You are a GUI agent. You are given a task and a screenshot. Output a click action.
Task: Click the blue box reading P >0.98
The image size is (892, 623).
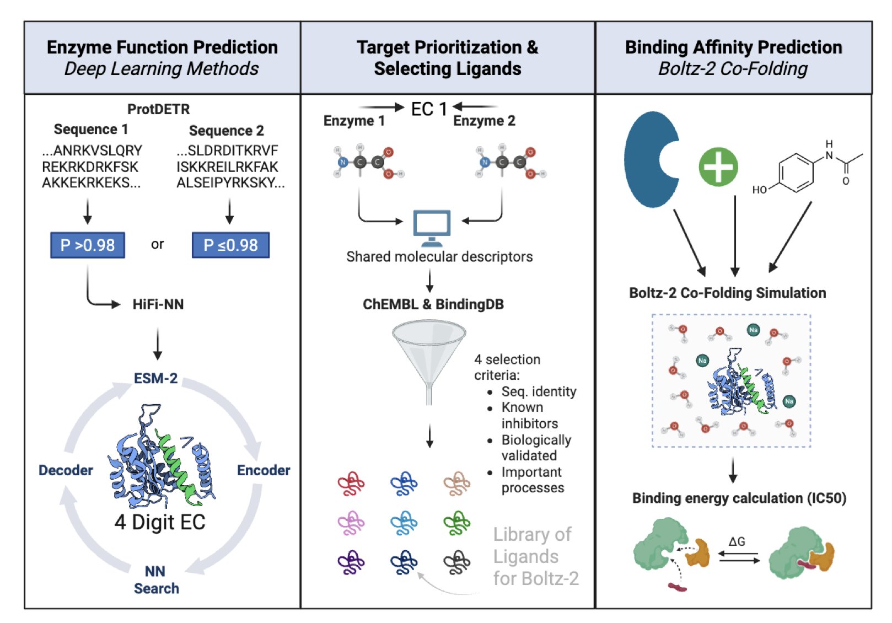(x=88, y=245)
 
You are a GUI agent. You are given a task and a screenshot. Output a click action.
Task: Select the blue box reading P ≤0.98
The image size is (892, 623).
(x=230, y=245)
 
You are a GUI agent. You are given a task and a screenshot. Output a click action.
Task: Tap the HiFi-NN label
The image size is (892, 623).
(x=158, y=304)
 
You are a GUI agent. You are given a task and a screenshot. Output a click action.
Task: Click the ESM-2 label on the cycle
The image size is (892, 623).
(x=155, y=378)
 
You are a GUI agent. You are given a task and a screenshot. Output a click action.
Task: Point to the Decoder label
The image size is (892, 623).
(x=66, y=470)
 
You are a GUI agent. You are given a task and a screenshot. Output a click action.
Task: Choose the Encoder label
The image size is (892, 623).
(x=264, y=470)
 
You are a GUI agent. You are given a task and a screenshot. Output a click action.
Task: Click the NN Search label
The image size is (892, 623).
(x=156, y=579)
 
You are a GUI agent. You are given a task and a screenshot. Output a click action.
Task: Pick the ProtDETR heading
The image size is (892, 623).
(x=158, y=109)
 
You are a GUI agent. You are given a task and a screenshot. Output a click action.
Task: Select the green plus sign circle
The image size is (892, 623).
(x=718, y=167)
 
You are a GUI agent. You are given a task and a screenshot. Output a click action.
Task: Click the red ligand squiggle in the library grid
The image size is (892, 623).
(x=351, y=484)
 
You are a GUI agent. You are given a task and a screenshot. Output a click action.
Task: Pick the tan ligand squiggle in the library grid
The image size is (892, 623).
(x=457, y=484)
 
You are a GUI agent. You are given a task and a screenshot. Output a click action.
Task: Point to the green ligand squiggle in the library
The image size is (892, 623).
(x=457, y=523)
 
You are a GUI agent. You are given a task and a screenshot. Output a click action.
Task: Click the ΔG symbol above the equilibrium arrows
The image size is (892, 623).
(x=737, y=541)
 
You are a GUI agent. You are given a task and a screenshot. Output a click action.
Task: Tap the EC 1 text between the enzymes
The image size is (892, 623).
(x=429, y=109)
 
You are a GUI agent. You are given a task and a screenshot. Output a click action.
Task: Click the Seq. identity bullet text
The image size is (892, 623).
(x=539, y=391)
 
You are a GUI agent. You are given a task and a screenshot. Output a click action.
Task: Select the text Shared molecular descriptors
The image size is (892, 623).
(x=439, y=257)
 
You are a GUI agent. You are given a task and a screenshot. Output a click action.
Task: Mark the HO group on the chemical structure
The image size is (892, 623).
(x=759, y=190)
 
